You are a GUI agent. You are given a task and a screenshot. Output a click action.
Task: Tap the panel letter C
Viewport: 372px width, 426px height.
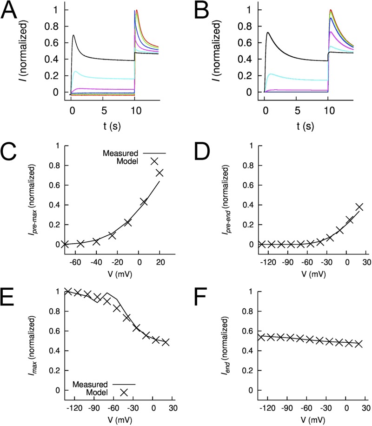10,152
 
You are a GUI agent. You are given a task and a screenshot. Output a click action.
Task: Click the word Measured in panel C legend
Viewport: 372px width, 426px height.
121,153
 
